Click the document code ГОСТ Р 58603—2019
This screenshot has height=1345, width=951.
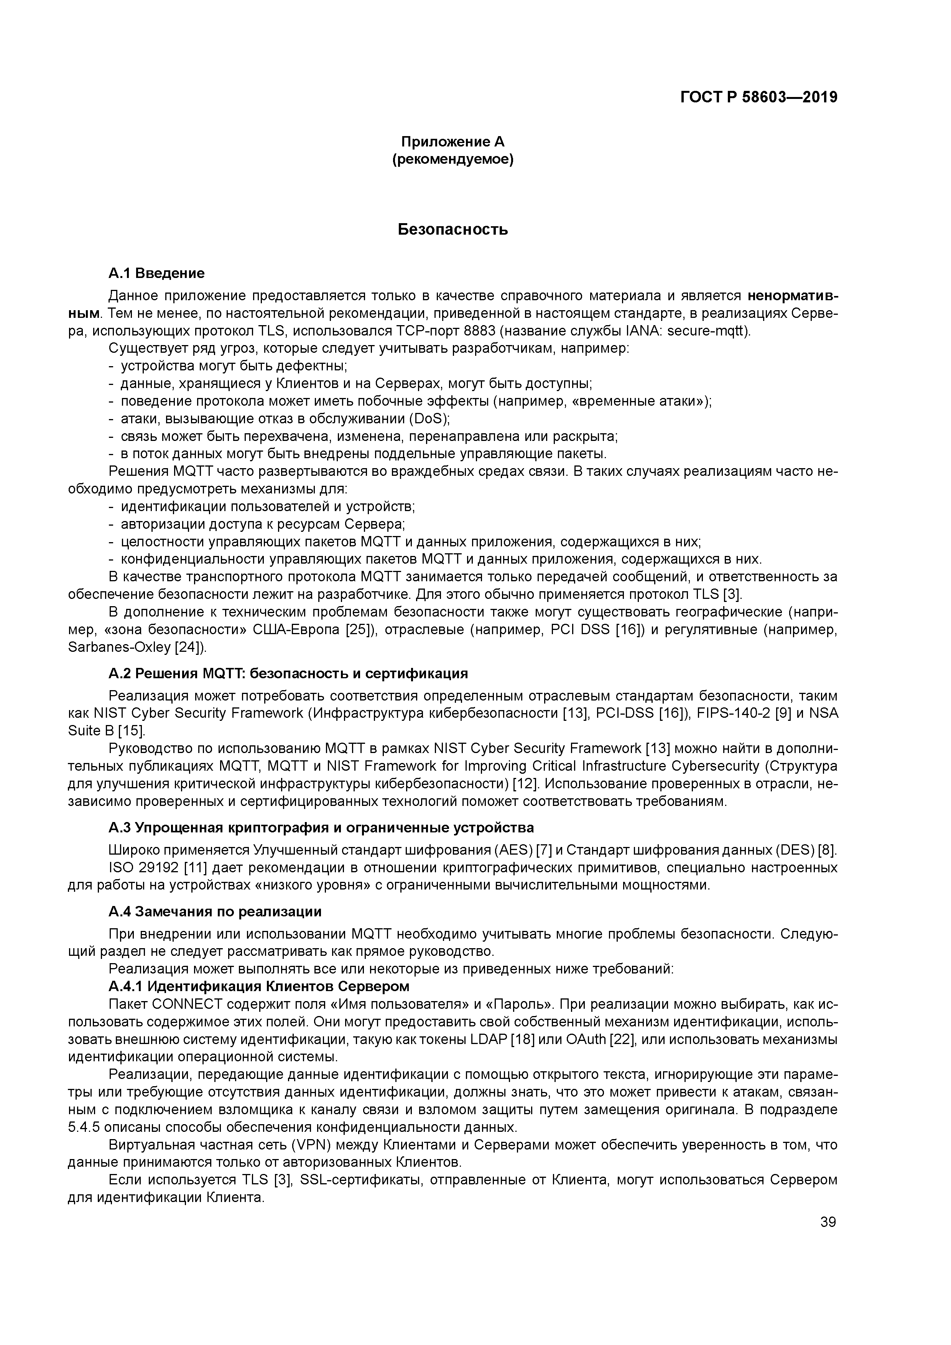pos(759,97)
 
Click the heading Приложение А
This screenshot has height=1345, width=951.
pos(452,142)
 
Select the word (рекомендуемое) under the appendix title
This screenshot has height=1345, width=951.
pos(452,159)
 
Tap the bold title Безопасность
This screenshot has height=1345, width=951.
pos(452,230)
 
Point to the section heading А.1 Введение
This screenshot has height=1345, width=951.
pos(156,274)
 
